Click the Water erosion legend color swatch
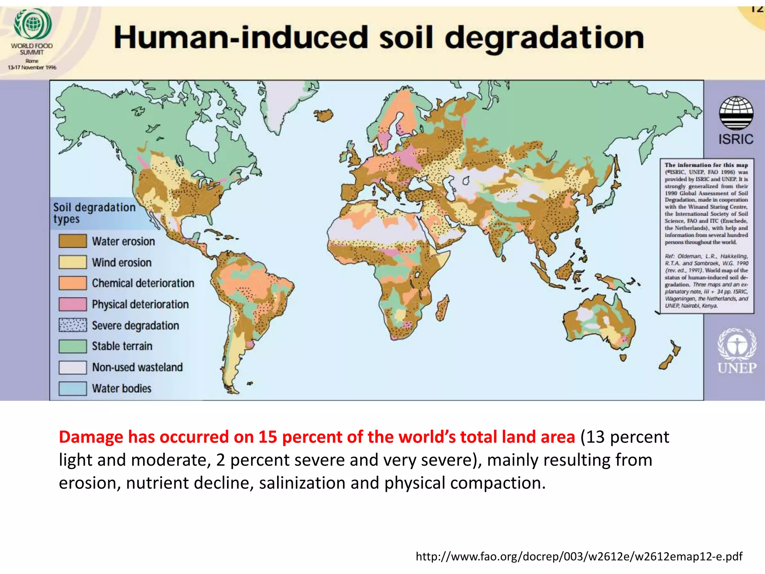click(72, 241)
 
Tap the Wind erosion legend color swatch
click(72, 262)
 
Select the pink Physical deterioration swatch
click(72, 304)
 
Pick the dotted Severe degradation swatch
click(72, 325)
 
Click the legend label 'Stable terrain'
click(122, 346)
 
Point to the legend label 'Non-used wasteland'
click(137, 367)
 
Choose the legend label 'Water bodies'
click(122, 388)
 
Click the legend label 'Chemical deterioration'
click(143, 283)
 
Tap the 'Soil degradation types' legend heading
click(94, 213)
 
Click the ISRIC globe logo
click(736, 113)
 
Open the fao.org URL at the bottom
click(579, 556)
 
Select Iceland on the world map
click(323, 115)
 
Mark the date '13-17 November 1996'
click(32, 68)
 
